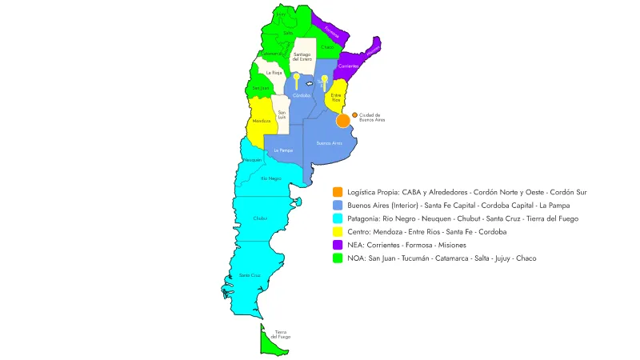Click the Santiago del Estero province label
tap(302, 56)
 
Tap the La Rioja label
tap(274, 72)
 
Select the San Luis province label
tap(282, 114)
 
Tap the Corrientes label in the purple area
tap(347, 66)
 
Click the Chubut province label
tap(260, 218)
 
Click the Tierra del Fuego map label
tap(280, 334)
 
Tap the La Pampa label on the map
tap(282, 150)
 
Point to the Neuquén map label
tap(253, 160)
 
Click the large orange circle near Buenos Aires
tap(343, 121)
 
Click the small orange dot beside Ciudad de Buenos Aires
tap(354, 115)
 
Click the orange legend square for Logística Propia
tap(339, 192)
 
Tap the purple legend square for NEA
tap(339, 245)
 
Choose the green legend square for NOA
tap(339, 258)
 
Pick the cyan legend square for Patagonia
tap(339, 218)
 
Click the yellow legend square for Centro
tap(339, 231)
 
